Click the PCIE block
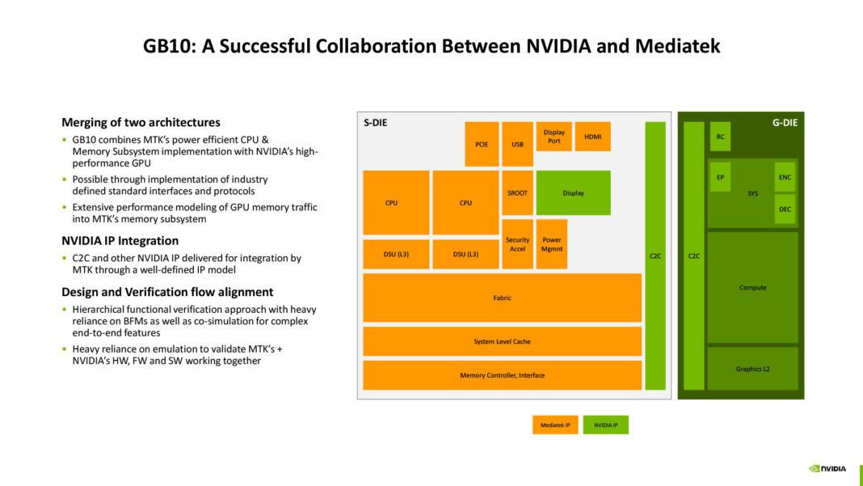(482, 144)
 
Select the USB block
(517, 144)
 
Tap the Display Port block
(554, 137)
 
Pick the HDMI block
(592, 137)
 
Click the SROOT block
(517, 192)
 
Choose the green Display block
(573, 192)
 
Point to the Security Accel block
(517, 244)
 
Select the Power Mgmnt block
(552, 244)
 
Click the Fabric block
(502, 298)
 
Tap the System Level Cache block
(502, 341)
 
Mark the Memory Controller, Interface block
(502, 375)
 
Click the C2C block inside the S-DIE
(655, 256)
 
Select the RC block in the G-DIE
(720, 137)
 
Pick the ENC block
(785, 177)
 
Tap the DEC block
(785, 209)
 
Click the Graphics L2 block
(752, 369)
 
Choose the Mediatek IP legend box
(555, 425)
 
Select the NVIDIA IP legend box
(605, 425)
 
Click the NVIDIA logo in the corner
(827, 467)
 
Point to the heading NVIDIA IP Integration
(120, 240)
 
